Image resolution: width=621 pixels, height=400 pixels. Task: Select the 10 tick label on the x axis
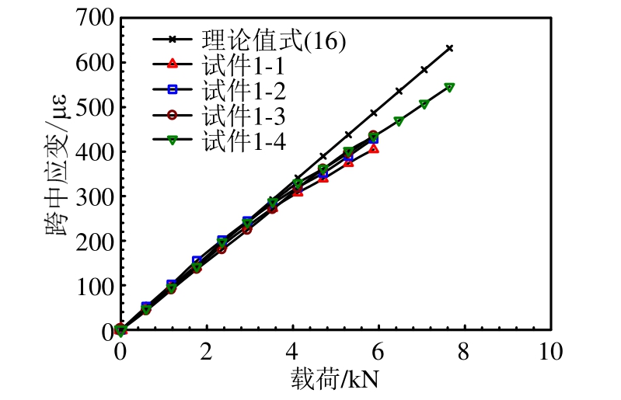click(x=550, y=351)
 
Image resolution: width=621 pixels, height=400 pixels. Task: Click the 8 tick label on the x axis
click(x=465, y=351)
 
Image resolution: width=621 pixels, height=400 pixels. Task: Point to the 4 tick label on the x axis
click(x=292, y=351)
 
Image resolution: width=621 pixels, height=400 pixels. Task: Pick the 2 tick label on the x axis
click(x=206, y=351)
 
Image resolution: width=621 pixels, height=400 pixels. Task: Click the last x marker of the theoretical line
click(x=449, y=48)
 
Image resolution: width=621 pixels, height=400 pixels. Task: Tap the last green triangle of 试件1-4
click(x=449, y=87)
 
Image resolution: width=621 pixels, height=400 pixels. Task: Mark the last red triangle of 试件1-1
click(x=375, y=148)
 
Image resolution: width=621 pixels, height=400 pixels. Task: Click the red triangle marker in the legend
click(x=173, y=64)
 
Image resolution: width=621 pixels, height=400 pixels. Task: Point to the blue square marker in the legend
click(x=173, y=91)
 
